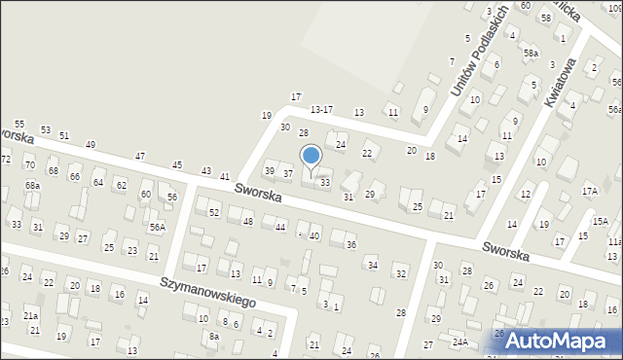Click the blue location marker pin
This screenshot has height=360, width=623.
(x=311, y=156)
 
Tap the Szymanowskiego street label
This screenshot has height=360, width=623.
(x=210, y=289)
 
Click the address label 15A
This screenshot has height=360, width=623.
(x=601, y=221)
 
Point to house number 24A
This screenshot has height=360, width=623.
(x=459, y=342)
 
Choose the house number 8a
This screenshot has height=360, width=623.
(x=214, y=336)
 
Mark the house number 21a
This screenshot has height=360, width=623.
(x=31, y=316)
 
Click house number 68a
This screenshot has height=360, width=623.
(x=33, y=185)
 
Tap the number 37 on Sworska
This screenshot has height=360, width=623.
(x=288, y=173)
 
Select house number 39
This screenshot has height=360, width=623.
(x=270, y=171)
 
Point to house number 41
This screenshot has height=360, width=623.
(x=225, y=176)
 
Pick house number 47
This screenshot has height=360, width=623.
(x=140, y=156)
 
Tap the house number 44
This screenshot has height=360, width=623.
(x=280, y=227)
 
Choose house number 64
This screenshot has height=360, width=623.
(x=98, y=182)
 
